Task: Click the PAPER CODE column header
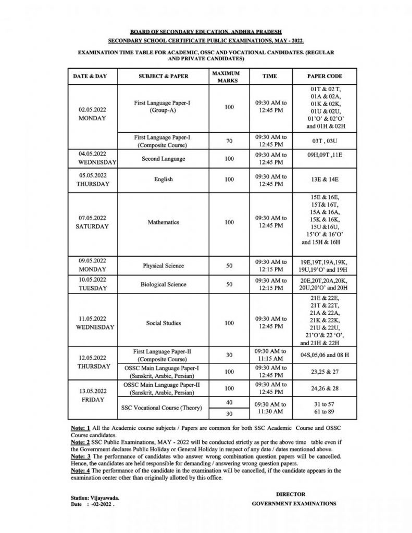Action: pyautogui.click(x=324, y=76)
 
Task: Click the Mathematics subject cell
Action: pyautogui.click(x=163, y=222)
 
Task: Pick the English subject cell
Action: pyautogui.click(x=163, y=180)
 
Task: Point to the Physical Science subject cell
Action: pyautogui.click(x=163, y=266)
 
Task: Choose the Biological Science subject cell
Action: pyautogui.click(x=163, y=285)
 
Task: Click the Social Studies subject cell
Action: pyautogui.click(x=163, y=323)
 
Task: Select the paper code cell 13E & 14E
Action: pyautogui.click(x=324, y=180)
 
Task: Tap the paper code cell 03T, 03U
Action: pyautogui.click(x=324, y=141)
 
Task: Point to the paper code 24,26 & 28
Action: pyautogui.click(x=324, y=388)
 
